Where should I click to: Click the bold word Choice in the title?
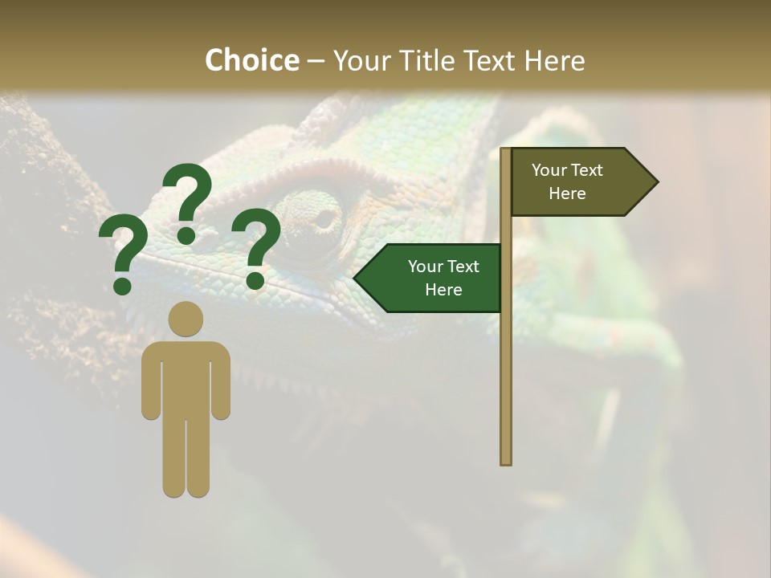[x=251, y=60]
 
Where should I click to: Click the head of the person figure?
[x=186, y=319]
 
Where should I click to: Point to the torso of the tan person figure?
[x=186, y=377]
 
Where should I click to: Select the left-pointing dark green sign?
[x=434, y=278]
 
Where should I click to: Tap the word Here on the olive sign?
[x=567, y=193]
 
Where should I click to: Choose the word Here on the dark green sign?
[x=443, y=290]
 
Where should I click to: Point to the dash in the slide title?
[x=316, y=61]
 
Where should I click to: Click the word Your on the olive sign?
[x=549, y=170]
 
